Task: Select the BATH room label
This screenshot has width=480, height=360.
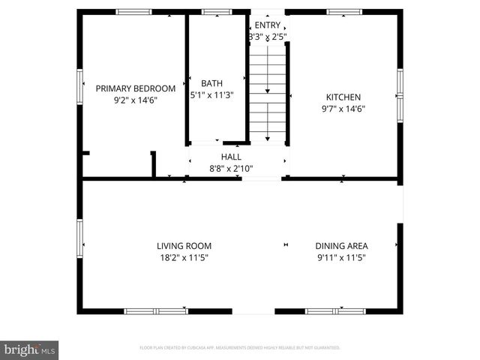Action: tap(211, 83)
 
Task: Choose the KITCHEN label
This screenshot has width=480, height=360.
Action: tap(343, 97)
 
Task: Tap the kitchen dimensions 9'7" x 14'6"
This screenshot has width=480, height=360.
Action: tap(343, 109)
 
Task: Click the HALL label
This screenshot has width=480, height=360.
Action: tap(230, 157)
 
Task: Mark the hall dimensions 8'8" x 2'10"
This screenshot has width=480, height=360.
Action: tap(230, 169)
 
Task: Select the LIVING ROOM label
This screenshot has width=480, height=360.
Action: tap(184, 245)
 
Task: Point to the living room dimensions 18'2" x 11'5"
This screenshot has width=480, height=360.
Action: tap(184, 257)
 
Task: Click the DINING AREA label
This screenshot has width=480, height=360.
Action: tap(341, 245)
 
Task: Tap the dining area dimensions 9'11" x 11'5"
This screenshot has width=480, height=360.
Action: tap(341, 257)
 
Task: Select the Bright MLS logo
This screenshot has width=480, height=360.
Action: tap(30, 349)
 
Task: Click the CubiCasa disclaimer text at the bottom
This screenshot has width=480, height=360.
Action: tap(240, 348)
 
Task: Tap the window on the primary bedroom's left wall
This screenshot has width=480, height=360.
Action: tap(79, 87)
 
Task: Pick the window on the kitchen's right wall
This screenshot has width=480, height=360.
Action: tap(400, 95)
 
